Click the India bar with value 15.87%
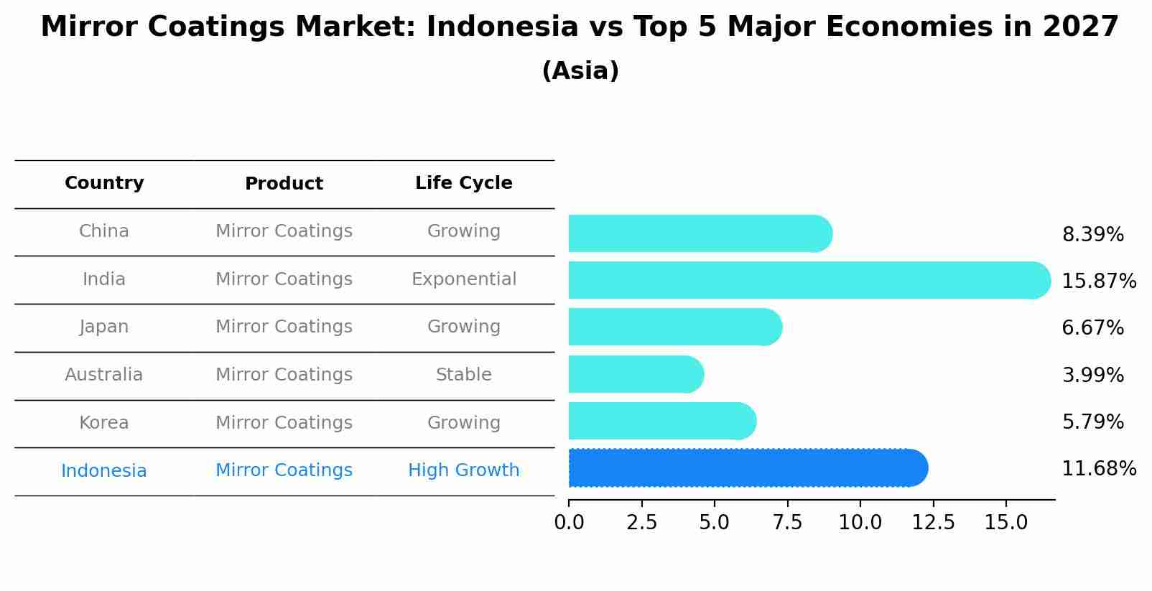[808, 280]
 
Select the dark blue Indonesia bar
[747, 468]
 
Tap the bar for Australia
[636, 374]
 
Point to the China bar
[700, 233]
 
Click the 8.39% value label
[1092, 235]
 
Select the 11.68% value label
[1098, 469]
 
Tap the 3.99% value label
[1092, 375]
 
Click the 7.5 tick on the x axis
[787, 523]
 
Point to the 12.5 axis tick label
[933, 523]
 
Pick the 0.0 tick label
[569, 523]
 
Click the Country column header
[104, 183]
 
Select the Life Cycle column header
[463, 183]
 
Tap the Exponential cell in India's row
[463, 279]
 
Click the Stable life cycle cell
[463, 375]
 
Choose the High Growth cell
[463, 470]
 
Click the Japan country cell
[104, 327]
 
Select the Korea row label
[104, 423]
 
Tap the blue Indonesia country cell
[104, 471]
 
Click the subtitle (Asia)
[580, 71]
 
